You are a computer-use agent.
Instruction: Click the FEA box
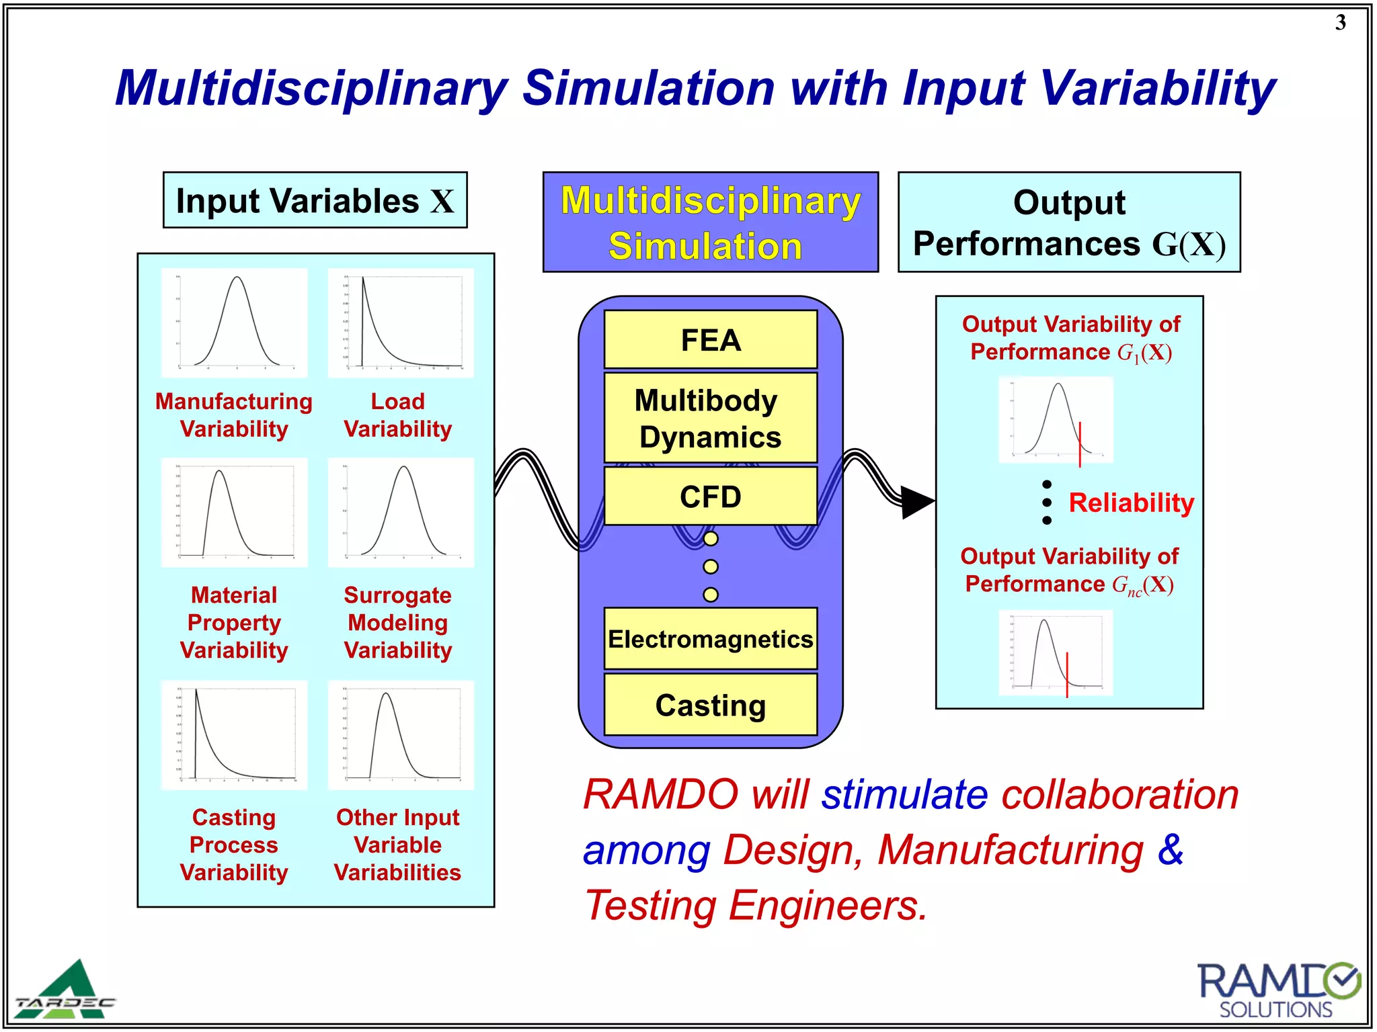click(x=710, y=340)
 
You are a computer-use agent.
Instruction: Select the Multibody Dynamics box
click(x=710, y=418)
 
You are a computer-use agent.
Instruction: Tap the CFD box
click(x=710, y=497)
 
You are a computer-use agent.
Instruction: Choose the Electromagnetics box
click(x=710, y=639)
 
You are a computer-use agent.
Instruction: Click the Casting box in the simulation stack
click(x=710, y=705)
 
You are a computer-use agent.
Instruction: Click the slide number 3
click(x=1340, y=23)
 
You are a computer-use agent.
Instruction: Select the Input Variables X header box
click(x=315, y=200)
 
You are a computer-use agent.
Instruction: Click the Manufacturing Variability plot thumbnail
click(x=234, y=322)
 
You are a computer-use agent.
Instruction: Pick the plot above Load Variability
click(x=401, y=322)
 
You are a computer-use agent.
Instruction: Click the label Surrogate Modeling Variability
click(x=397, y=622)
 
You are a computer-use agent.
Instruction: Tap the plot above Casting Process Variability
click(x=234, y=734)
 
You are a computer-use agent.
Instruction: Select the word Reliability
click(x=1131, y=503)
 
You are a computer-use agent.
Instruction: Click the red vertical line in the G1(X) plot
click(x=1080, y=444)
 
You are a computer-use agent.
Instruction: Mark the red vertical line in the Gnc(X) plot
click(x=1067, y=675)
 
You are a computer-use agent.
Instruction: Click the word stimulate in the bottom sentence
click(x=904, y=795)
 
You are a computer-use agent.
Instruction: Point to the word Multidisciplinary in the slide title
click(x=311, y=89)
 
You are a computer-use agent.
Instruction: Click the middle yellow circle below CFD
click(x=710, y=566)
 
